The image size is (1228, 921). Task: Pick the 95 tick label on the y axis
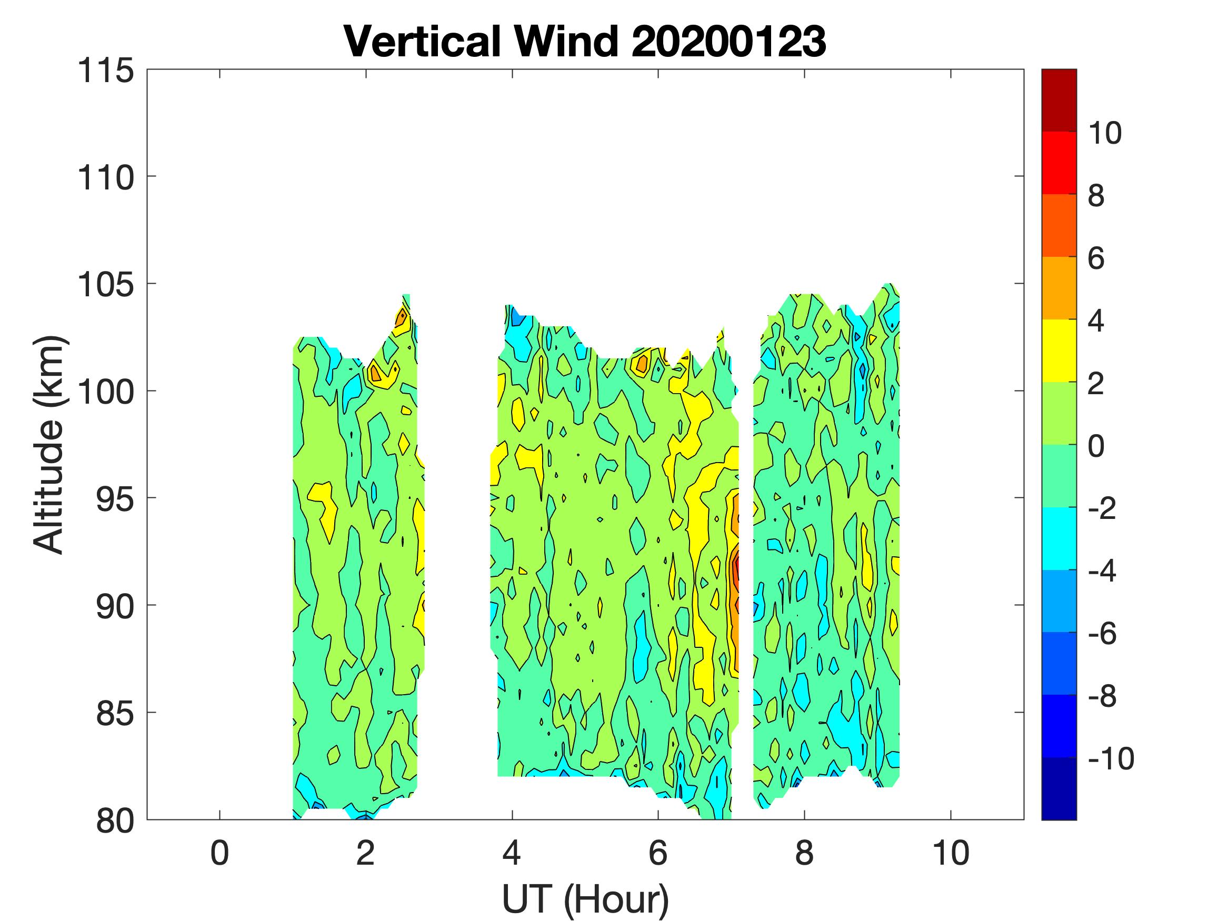114,499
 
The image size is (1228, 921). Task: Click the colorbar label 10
1104,133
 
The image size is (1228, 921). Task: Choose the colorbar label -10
1111,758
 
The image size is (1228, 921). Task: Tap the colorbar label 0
1096,446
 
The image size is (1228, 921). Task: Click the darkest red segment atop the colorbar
1059,100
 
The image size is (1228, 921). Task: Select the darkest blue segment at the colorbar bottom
1059,788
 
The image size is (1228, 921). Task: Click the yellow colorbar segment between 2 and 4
1059,351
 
